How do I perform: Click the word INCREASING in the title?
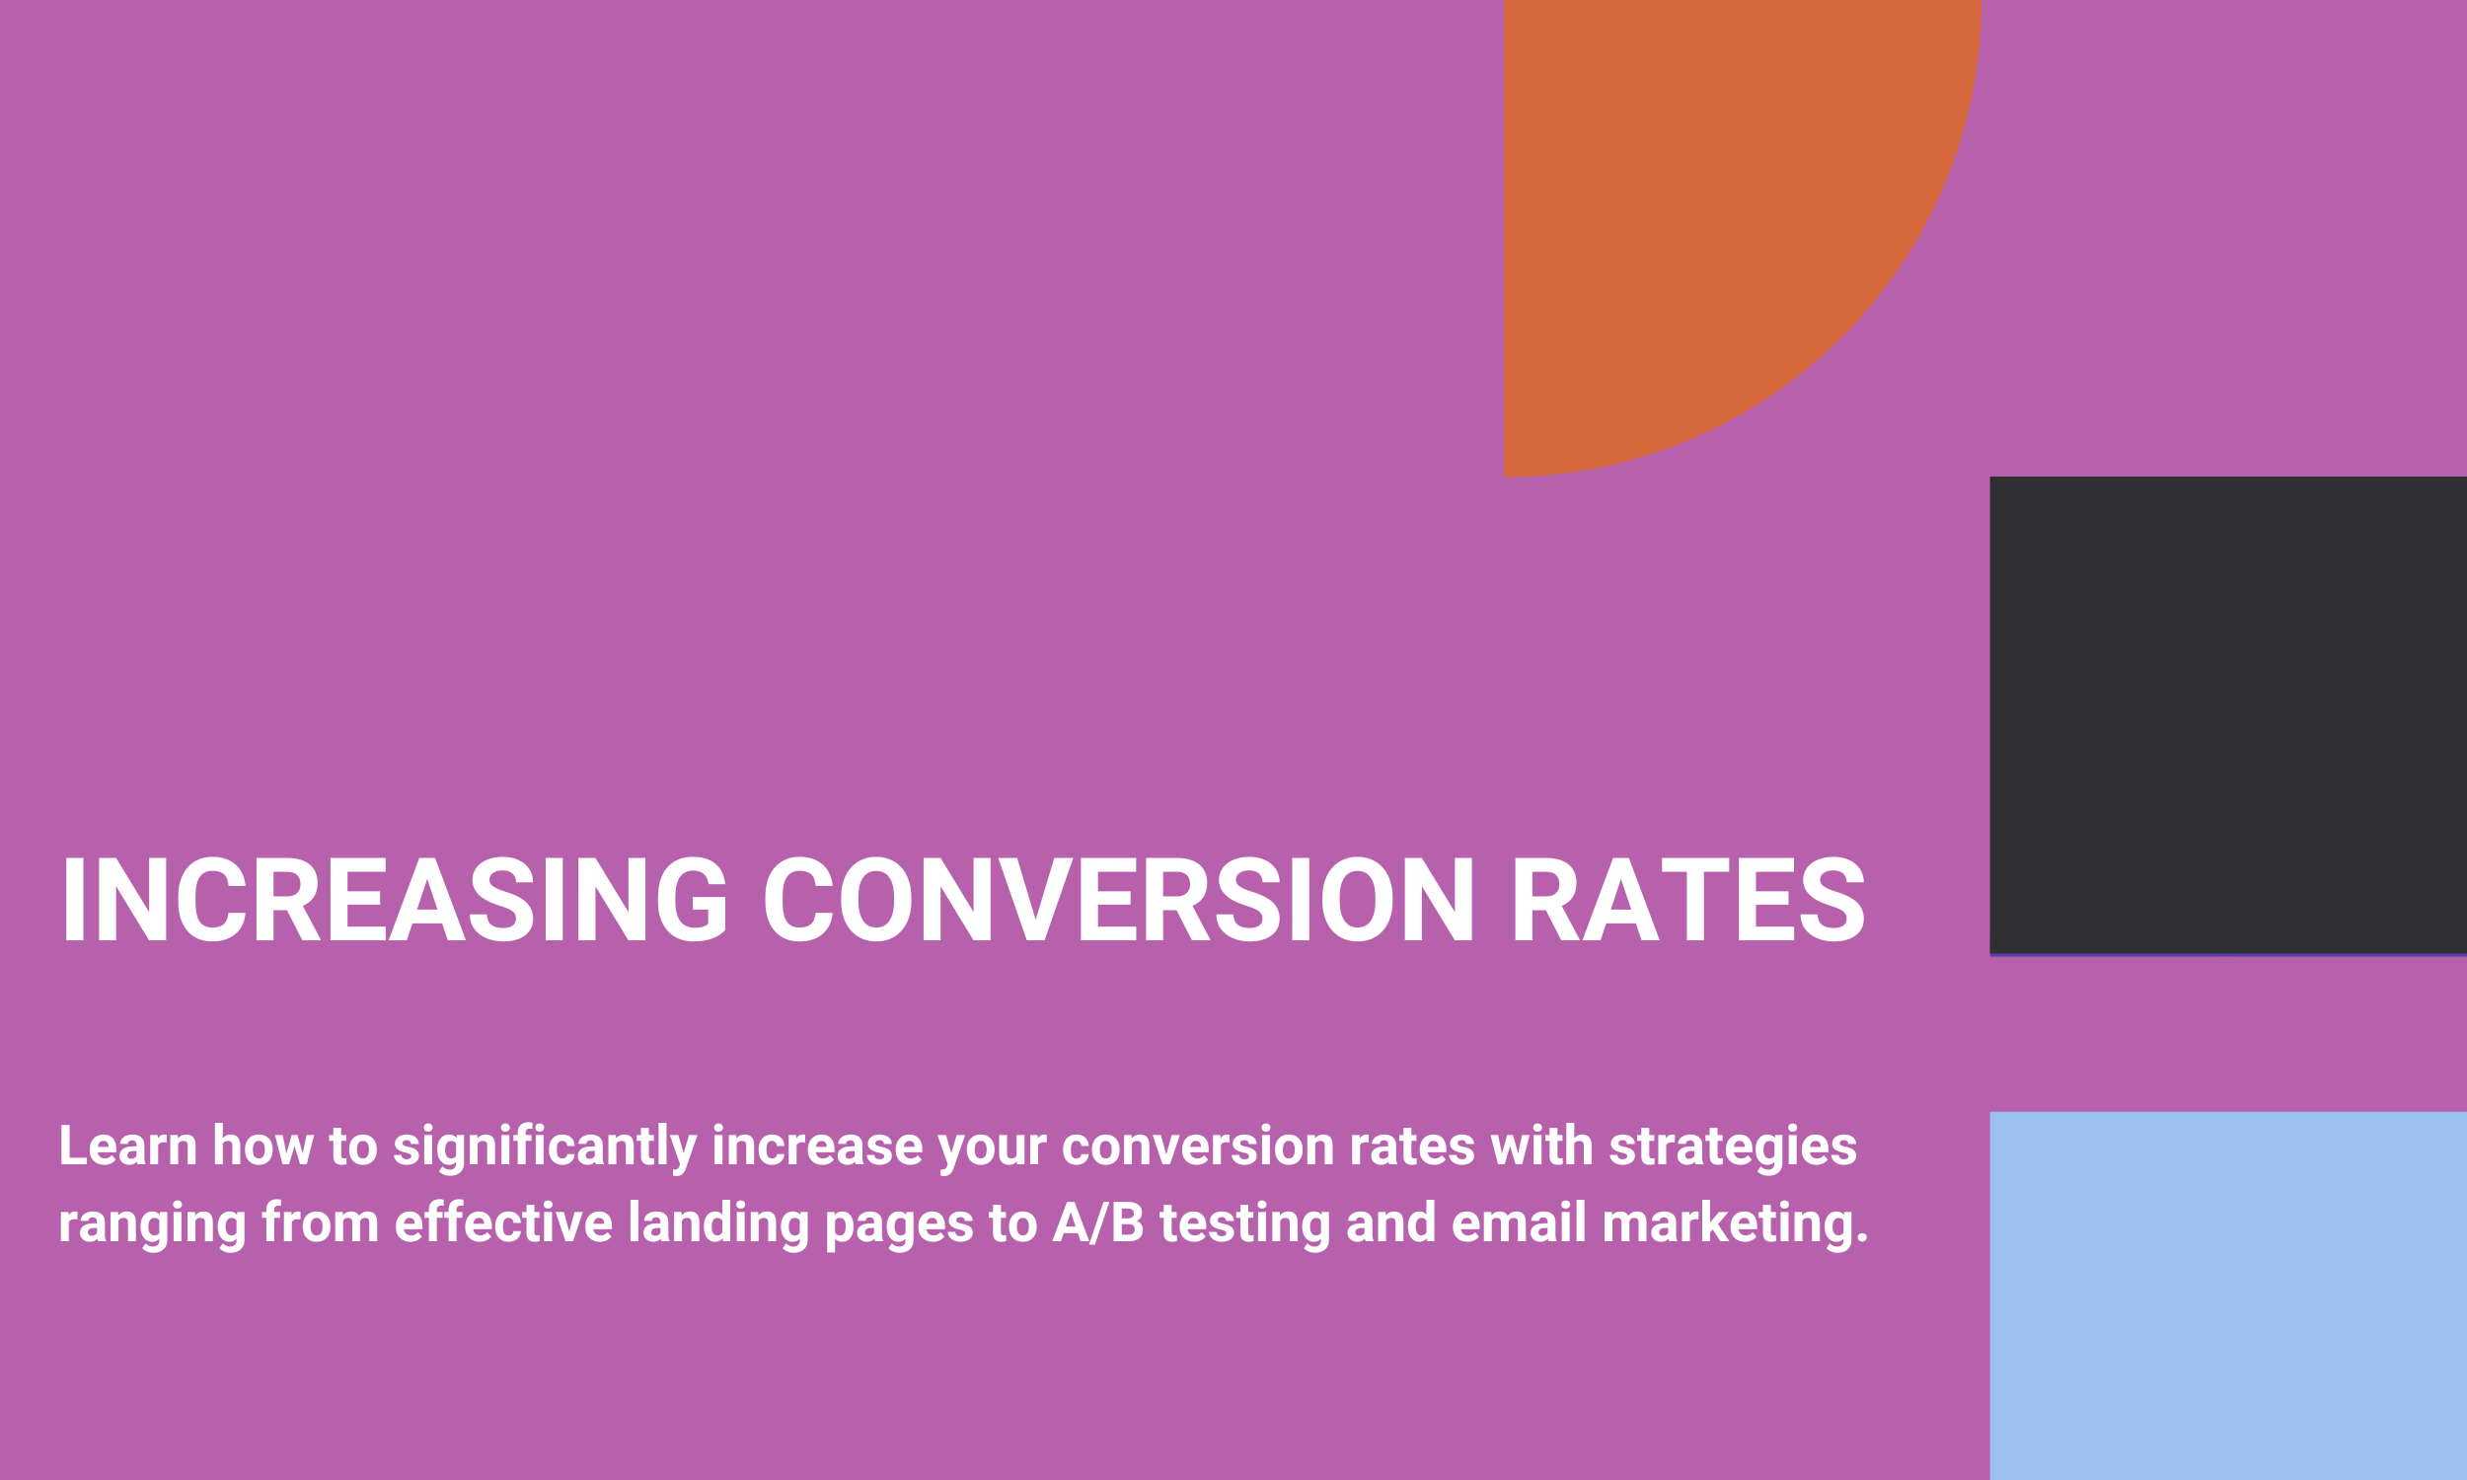coord(395,899)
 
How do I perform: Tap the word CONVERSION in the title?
coord(1119,899)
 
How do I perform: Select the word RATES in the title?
coord(1689,899)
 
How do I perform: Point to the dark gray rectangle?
coord(2227,715)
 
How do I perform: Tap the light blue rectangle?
coord(2227,1295)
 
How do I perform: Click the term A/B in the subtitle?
coord(1098,1222)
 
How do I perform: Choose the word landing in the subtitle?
coord(718,1224)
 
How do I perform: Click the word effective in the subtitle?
coord(503,1222)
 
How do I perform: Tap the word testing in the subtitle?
coord(1244,1224)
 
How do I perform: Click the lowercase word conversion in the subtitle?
coord(1198,1146)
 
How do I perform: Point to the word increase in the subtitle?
coord(817,1146)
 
